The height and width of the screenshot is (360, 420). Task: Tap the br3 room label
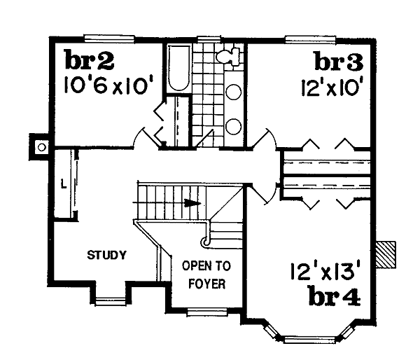(x=338, y=64)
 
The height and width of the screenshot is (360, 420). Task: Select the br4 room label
(x=334, y=297)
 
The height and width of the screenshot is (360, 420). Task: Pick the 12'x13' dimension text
(x=325, y=270)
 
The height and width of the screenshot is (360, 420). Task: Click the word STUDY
(x=107, y=255)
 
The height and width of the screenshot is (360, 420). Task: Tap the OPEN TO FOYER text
(x=206, y=276)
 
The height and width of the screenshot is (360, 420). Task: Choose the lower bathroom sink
(x=234, y=125)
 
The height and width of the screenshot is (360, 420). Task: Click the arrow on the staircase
(x=191, y=203)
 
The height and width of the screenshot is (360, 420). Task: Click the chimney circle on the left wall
(x=41, y=147)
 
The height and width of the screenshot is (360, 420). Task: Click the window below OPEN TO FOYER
(x=206, y=312)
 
